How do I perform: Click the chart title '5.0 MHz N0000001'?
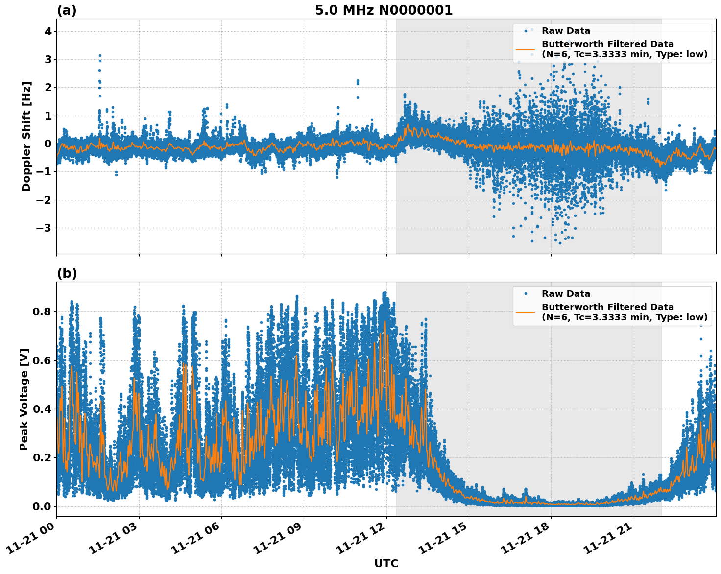384,10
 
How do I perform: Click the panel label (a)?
67,10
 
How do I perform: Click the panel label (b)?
67,273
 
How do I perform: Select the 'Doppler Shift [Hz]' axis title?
26,136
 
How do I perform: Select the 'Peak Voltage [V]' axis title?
24,399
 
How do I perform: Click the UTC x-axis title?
386,563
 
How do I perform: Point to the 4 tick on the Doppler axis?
48,31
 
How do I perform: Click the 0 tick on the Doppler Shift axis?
48,143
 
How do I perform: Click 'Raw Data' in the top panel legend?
566,31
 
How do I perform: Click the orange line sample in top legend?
526,49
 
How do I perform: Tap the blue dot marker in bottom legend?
526,294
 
